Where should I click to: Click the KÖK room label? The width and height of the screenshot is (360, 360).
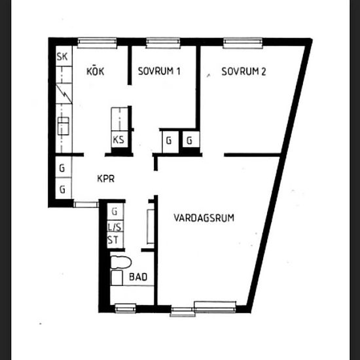click(x=96, y=71)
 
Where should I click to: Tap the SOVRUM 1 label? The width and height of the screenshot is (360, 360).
click(x=159, y=72)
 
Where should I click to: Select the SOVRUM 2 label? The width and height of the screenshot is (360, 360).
click(x=243, y=72)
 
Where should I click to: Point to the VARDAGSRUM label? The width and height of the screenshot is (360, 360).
click(x=204, y=218)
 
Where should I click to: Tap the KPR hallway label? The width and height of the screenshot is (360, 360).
click(x=107, y=177)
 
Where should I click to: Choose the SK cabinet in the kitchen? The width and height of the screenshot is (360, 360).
click(x=63, y=57)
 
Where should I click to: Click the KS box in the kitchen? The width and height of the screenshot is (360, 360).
click(x=119, y=139)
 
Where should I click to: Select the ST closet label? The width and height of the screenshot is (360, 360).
click(x=113, y=240)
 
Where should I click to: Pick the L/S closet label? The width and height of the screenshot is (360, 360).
click(x=113, y=226)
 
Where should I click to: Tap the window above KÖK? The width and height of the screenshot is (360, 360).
click(x=97, y=43)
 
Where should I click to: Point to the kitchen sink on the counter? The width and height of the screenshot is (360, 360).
click(x=63, y=125)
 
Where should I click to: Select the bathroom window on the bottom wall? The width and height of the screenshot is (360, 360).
click(x=125, y=306)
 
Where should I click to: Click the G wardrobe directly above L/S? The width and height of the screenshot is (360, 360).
click(x=114, y=211)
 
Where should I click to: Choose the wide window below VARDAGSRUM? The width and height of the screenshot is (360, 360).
click(x=215, y=305)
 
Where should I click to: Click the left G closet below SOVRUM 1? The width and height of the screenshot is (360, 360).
click(x=168, y=140)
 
